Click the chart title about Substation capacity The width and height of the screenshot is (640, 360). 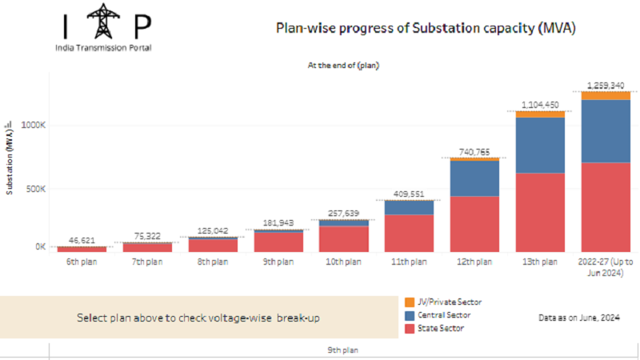[426, 28]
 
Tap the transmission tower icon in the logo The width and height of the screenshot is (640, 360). [103, 22]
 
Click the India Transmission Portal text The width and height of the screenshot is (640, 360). [103, 48]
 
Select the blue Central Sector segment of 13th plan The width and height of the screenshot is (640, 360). [540, 146]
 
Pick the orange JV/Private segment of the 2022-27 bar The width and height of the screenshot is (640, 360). [606, 95]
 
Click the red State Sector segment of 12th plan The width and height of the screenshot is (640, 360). [474, 224]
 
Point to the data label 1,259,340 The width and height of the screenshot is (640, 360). [606, 86]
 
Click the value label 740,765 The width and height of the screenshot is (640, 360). [474, 152]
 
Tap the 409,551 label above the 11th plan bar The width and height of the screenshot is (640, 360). [409, 194]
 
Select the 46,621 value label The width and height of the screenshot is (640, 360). [82, 241]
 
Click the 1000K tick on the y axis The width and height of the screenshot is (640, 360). [33, 125]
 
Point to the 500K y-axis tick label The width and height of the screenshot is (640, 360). [36, 189]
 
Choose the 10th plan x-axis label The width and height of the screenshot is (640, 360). [343, 262]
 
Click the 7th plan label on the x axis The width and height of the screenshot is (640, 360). [147, 262]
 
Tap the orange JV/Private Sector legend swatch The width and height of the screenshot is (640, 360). [410, 302]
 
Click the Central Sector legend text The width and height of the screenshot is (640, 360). [444, 315]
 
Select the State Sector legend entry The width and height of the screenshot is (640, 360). [434, 328]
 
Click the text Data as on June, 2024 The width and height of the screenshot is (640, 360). [579, 318]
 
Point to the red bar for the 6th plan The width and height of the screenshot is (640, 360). [82, 249]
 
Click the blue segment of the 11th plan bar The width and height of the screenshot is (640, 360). [409, 208]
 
